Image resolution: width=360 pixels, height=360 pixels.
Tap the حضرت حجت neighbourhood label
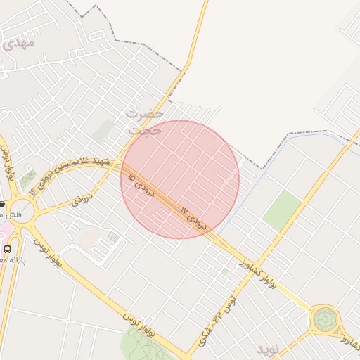pos(145,121)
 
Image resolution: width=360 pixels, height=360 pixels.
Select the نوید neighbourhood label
pos(268,348)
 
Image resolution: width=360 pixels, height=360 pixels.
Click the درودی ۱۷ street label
pos(193,219)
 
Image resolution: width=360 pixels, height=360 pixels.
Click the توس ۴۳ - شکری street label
pos(215,320)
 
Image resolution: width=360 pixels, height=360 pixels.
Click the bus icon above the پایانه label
pos(7,249)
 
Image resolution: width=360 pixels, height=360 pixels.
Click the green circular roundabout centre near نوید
pos(325,320)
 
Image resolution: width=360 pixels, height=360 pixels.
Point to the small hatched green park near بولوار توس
pos(28,180)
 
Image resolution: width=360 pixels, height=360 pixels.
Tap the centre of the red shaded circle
pos(180,179)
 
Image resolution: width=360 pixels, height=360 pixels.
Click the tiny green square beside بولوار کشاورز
pos(224,271)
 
